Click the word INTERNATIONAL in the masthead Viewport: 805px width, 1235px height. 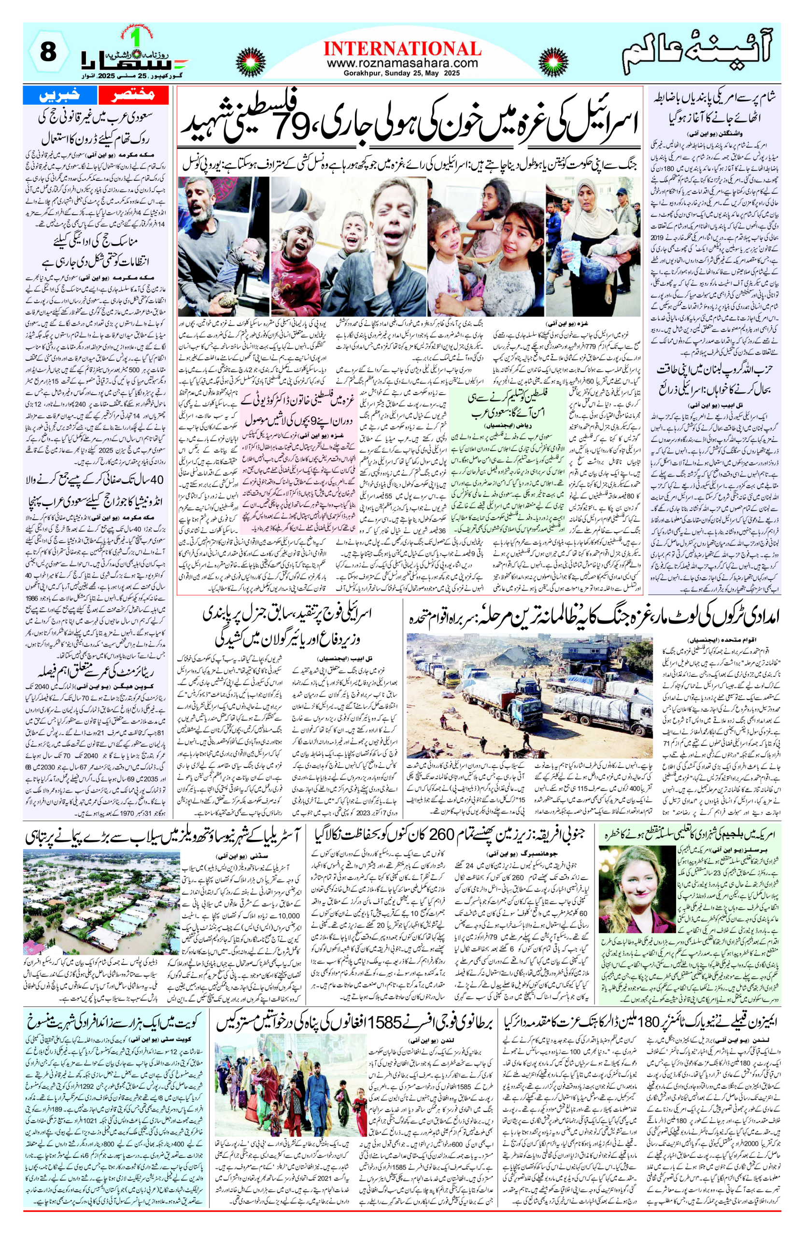pos(402,49)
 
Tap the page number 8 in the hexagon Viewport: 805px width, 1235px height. pos(48,53)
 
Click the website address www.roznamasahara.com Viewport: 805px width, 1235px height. pos(402,64)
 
